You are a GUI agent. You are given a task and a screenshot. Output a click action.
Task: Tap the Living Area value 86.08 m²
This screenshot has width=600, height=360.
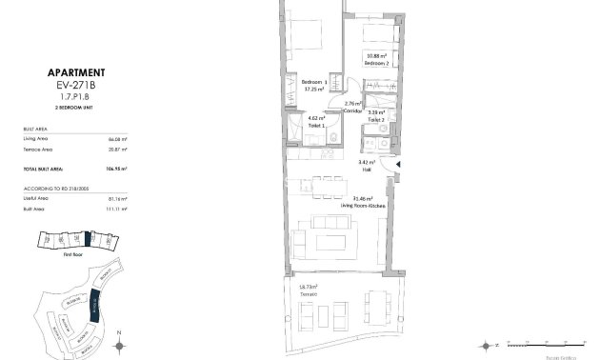(118, 139)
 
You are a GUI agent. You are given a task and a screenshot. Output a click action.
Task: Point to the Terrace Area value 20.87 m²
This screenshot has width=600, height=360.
(118, 150)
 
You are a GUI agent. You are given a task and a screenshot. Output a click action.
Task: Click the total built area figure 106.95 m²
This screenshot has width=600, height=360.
(117, 168)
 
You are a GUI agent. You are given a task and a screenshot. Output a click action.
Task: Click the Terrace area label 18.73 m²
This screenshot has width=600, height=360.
(307, 287)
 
